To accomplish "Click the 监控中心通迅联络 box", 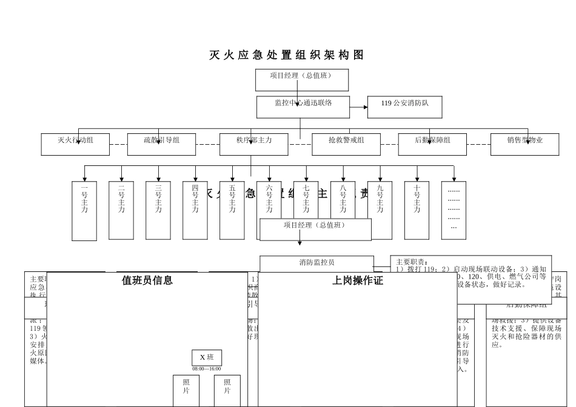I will (x=303, y=107).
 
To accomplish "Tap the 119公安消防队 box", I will (x=405, y=107).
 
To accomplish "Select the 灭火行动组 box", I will (x=75, y=144).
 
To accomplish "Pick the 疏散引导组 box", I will (x=161, y=144).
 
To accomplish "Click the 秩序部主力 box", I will (x=253, y=144).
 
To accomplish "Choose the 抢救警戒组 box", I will (x=346, y=144).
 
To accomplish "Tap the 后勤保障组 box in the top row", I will (x=432, y=144).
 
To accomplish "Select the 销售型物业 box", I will (x=524, y=144).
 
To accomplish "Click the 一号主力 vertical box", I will (x=84, y=210).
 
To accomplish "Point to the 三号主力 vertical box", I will (x=158, y=210).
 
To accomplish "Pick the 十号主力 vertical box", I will (x=417, y=210).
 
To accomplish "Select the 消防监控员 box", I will (x=316, y=263).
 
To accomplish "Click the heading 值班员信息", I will (x=147, y=280).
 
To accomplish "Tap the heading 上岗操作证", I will (x=358, y=281).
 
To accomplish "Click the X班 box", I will (x=207, y=357).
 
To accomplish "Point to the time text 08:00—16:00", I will (x=207, y=368).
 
